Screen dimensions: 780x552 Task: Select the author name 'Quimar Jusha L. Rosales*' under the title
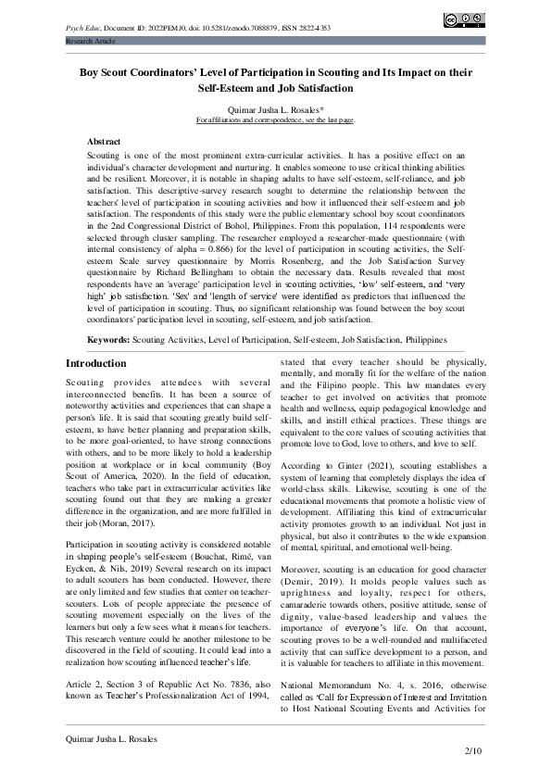pyautogui.click(x=275, y=108)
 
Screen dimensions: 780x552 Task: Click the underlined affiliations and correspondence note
pyautogui.click(x=275, y=120)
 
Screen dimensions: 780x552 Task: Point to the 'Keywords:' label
pyautogui.click(x=108, y=340)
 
